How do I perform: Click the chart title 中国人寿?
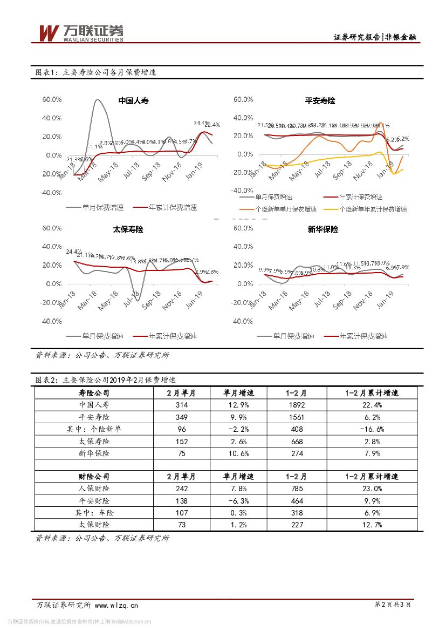pos(133,100)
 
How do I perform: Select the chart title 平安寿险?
pos(320,100)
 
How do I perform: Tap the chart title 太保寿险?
pos(128,229)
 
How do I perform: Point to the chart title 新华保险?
pos(323,229)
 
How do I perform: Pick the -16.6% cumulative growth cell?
pos(372,429)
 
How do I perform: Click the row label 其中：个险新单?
pos(94,429)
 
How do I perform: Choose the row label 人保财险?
pos(94,489)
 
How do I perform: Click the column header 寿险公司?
pos(94,393)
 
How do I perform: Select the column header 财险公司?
pos(94,477)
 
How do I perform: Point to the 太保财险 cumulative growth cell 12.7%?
pos(372,525)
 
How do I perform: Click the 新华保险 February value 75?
pos(181,453)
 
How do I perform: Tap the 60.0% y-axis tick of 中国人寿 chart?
pos(52,100)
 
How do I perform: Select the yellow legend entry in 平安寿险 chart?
pos(373,209)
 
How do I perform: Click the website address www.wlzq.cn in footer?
pos(116,605)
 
